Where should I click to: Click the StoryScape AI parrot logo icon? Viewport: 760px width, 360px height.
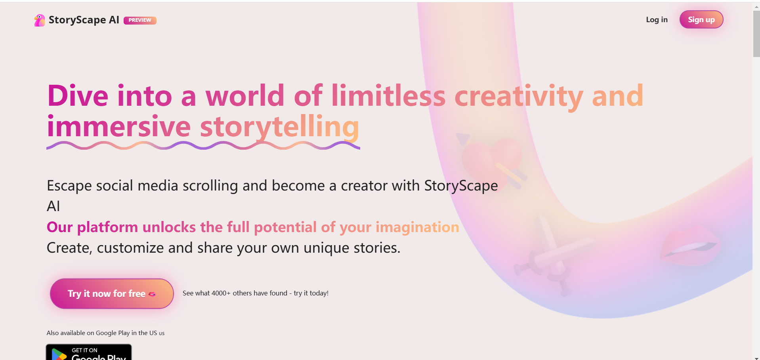pyautogui.click(x=39, y=20)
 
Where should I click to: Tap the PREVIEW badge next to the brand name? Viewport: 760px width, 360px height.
pyautogui.click(x=140, y=20)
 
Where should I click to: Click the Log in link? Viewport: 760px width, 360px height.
pyautogui.click(x=657, y=20)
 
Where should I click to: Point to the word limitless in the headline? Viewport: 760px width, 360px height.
pyautogui.click(x=388, y=96)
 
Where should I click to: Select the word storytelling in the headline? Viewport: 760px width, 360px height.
pyautogui.click(x=279, y=127)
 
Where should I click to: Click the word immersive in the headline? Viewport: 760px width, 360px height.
pyautogui.click(x=119, y=127)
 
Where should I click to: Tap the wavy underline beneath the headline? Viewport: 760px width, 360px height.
pyautogui.click(x=203, y=145)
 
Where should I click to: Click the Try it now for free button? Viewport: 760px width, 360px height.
pyautogui.click(x=112, y=293)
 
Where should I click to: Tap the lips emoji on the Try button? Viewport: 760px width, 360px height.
pyautogui.click(x=152, y=294)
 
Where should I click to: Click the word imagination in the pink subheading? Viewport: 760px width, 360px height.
pyautogui.click(x=417, y=227)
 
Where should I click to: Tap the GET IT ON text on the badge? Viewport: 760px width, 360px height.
pyautogui.click(x=84, y=350)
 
